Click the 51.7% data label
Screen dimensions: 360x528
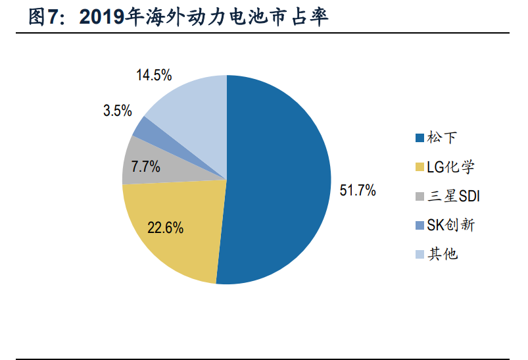357,191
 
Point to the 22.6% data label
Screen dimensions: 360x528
165,228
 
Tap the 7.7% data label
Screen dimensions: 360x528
145,167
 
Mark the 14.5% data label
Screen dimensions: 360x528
154,74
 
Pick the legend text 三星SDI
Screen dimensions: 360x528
453,196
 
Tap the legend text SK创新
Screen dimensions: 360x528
450,225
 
